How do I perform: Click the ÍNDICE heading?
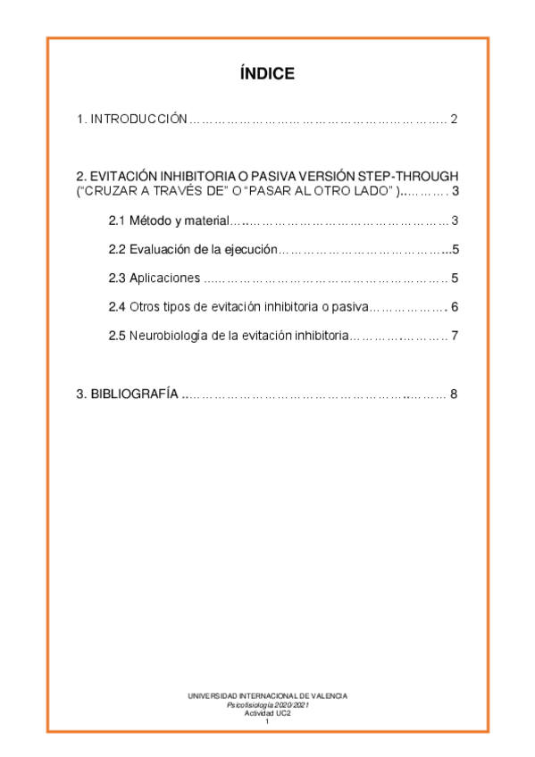coord(267,74)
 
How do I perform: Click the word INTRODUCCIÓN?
coord(138,120)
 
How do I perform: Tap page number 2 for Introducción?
coord(454,120)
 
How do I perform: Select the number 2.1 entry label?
coord(116,220)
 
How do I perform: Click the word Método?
coord(149,220)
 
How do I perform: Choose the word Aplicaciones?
coord(164,279)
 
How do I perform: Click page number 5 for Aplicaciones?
coord(455,279)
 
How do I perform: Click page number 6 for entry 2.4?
coord(455,307)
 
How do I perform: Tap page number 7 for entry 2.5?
coord(455,337)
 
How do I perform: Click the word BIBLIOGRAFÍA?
coord(134,394)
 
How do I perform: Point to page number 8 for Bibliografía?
coord(454,394)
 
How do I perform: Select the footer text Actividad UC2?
coord(267,713)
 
